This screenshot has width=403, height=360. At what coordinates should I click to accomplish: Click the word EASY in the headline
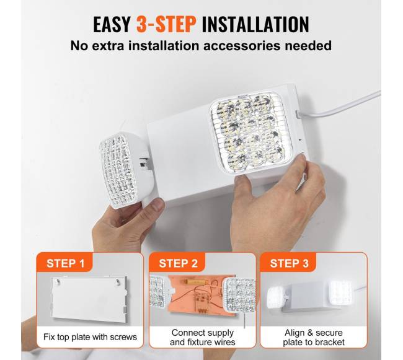(x=112, y=24)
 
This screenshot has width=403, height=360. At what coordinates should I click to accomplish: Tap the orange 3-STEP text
(x=166, y=24)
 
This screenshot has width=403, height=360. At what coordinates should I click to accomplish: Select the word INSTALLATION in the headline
(x=255, y=24)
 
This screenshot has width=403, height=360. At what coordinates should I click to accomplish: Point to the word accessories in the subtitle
(x=242, y=46)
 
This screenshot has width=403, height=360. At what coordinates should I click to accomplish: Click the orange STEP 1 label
(x=66, y=263)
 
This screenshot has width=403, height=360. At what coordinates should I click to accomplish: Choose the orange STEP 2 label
(x=178, y=263)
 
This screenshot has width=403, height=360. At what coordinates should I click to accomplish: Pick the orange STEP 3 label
(x=289, y=263)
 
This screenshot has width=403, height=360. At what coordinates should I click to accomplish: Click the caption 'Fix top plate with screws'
(x=90, y=337)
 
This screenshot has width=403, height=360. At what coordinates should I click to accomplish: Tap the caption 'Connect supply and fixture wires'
(x=203, y=337)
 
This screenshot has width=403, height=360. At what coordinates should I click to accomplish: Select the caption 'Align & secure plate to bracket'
(x=314, y=337)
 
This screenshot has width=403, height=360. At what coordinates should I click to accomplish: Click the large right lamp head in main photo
(x=251, y=133)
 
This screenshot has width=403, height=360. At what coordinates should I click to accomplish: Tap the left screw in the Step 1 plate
(x=59, y=282)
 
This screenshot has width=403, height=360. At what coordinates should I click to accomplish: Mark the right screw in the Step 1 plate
(x=118, y=282)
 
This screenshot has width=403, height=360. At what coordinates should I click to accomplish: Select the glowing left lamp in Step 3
(x=277, y=299)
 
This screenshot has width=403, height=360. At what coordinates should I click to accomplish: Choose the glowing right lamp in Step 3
(x=340, y=293)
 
